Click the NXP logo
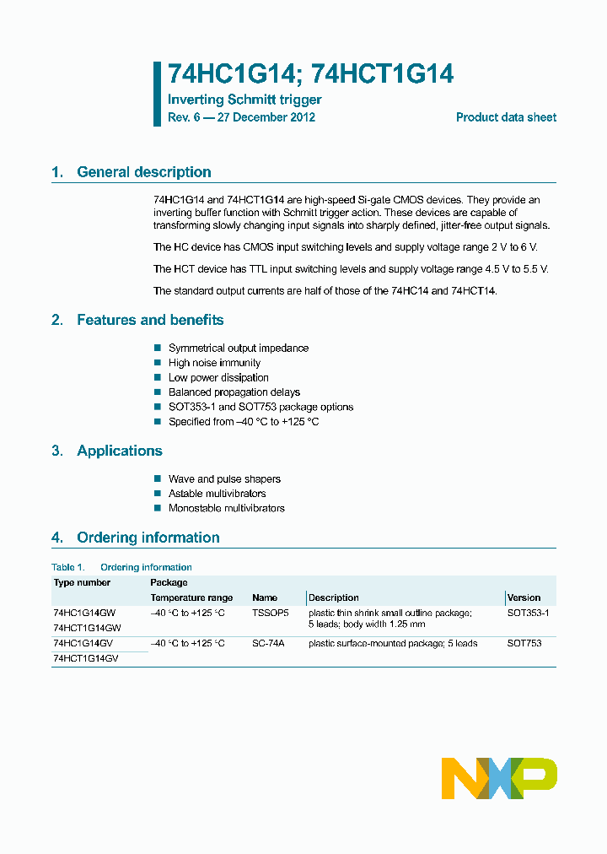(x=499, y=777)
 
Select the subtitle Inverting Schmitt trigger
(x=244, y=100)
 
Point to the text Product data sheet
(x=506, y=117)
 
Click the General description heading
(x=143, y=172)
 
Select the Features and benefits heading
(x=150, y=320)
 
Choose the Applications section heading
(x=119, y=451)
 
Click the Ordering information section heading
(x=148, y=538)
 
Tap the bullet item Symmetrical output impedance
(x=239, y=348)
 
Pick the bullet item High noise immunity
(x=214, y=363)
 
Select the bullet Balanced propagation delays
(x=234, y=392)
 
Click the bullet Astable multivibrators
(x=218, y=494)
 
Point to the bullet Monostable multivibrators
(x=227, y=508)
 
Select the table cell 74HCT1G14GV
(x=85, y=658)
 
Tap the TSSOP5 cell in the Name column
(x=270, y=613)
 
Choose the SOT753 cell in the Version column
(x=524, y=643)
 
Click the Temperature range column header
(x=191, y=597)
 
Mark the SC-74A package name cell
(x=268, y=643)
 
